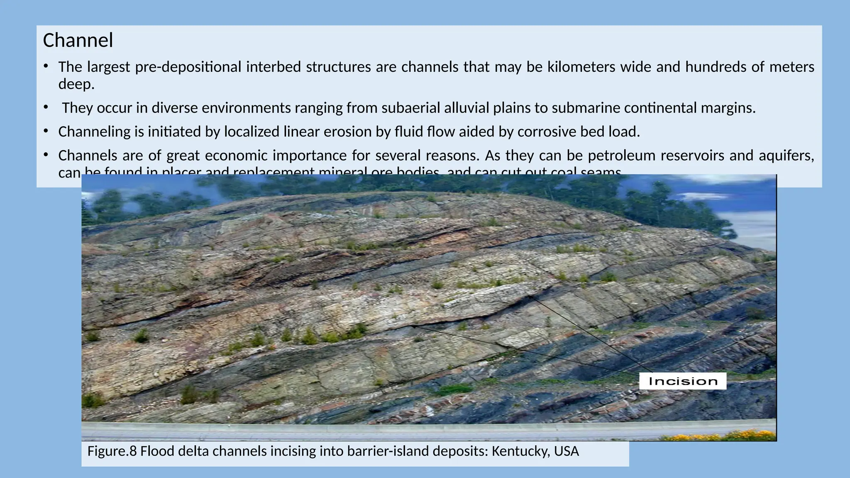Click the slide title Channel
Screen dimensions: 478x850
(78, 41)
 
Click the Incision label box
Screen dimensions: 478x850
(682, 381)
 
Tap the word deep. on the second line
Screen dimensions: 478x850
(76, 84)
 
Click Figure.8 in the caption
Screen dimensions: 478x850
(112, 451)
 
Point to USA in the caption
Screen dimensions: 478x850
(566, 451)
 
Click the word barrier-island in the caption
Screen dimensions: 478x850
(388, 451)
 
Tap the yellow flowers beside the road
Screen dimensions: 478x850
(739, 436)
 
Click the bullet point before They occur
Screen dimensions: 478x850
(46, 107)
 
